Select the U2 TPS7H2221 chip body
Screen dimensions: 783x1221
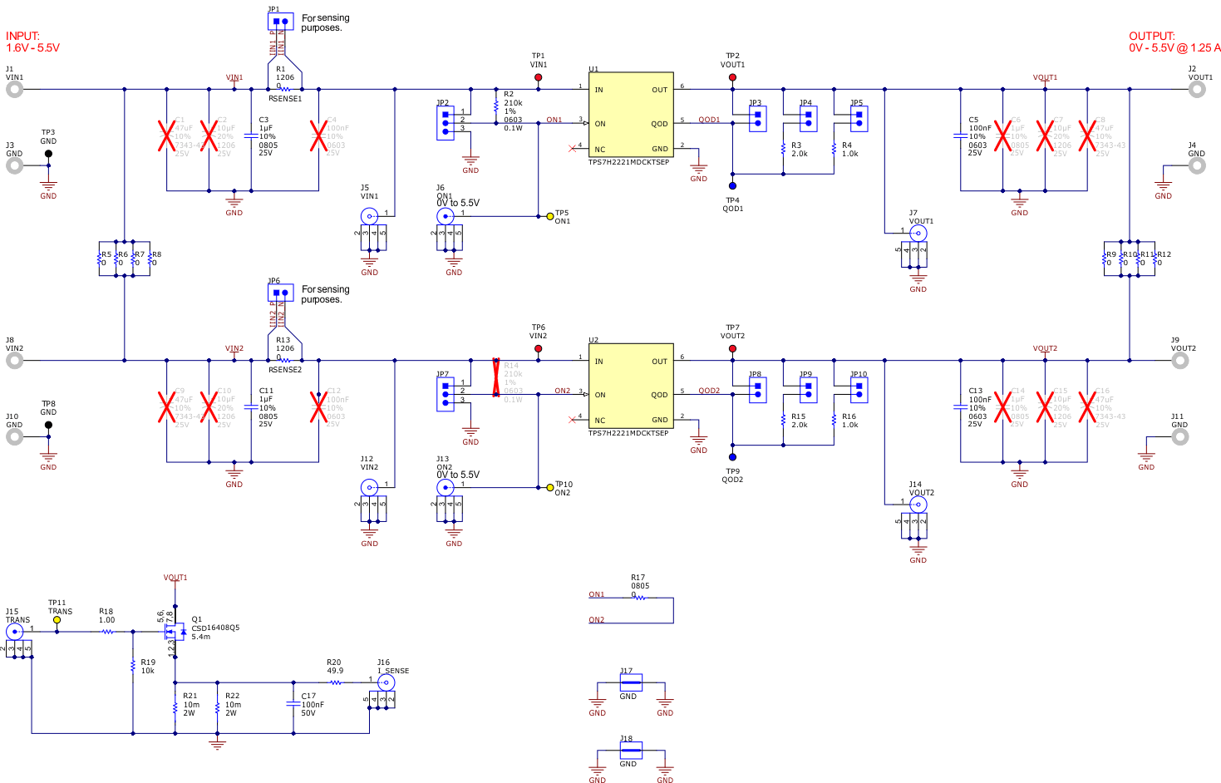(x=631, y=387)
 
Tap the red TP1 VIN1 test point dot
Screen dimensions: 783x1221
(x=539, y=77)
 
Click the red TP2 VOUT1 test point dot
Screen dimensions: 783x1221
(x=732, y=77)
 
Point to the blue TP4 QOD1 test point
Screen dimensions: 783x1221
(x=732, y=186)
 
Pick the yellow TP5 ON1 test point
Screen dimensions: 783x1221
(x=550, y=216)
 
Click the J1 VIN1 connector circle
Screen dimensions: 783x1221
(x=14, y=90)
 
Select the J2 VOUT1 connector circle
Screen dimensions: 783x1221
(x=1197, y=90)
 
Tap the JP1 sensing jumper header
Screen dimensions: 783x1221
(x=280, y=22)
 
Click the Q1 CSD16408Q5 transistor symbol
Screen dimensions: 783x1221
(x=175, y=632)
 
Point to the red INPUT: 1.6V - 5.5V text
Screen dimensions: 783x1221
(x=32, y=42)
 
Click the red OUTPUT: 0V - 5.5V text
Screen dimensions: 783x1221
(x=1174, y=42)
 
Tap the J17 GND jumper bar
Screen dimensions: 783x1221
(x=631, y=682)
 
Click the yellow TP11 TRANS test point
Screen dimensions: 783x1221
(x=57, y=620)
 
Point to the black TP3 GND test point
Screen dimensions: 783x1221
(x=48, y=154)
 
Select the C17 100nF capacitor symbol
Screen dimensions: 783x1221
(x=293, y=703)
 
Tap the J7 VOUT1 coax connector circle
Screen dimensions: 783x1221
(x=918, y=234)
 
